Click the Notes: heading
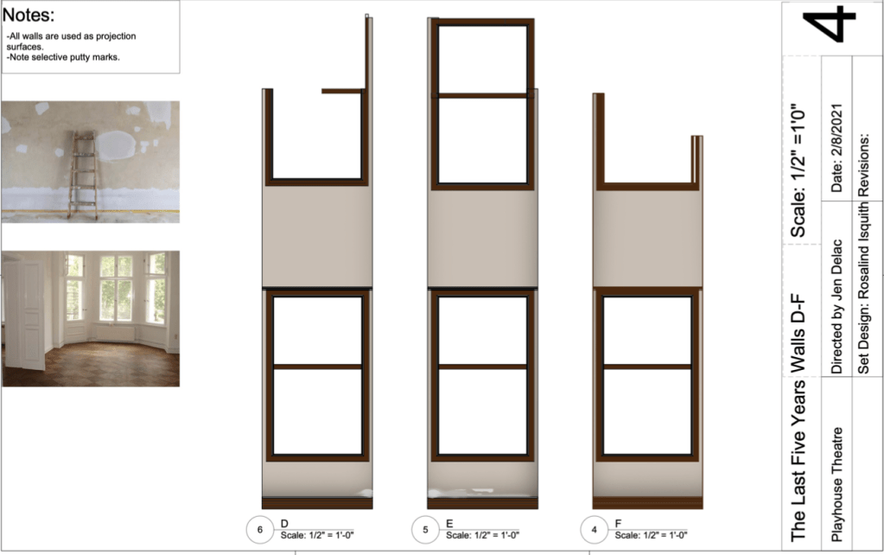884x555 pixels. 29,15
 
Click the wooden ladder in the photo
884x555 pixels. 83,175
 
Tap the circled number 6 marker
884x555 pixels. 260,530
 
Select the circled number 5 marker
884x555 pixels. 426,530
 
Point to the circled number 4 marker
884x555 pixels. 595,530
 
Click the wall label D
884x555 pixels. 284,524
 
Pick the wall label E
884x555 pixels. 449,524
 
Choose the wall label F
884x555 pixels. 619,524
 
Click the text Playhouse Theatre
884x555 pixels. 836,484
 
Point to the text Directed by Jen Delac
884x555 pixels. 836,307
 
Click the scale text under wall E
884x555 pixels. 482,535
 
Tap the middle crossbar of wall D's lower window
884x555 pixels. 317,367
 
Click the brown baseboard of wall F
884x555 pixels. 647,503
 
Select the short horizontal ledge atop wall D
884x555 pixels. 343,91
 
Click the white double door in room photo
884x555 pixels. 25,314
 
